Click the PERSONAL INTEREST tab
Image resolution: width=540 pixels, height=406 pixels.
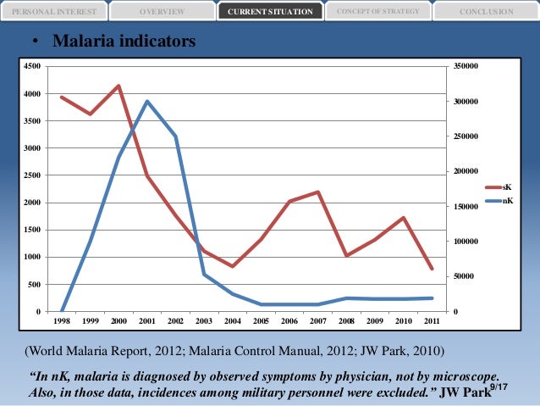(x=54, y=12)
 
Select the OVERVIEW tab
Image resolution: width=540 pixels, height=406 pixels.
(x=162, y=12)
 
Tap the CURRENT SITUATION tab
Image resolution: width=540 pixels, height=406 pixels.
(x=270, y=12)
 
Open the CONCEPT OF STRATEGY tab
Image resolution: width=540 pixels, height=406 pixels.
(x=377, y=11)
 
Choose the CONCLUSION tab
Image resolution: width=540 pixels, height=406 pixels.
(x=486, y=12)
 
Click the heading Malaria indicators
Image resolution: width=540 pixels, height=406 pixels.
(x=124, y=42)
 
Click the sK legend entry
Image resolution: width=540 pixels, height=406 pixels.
(x=506, y=186)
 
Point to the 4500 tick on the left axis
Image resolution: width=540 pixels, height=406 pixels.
(x=32, y=66)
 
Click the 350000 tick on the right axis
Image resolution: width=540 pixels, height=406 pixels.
(x=469, y=66)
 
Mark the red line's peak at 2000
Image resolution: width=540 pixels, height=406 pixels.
(x=118, y=86)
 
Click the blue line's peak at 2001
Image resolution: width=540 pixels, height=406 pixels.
(x=147, y=102)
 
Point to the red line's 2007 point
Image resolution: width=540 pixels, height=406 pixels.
(x=317, y=192)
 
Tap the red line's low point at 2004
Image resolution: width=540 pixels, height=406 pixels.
(x=233, y=266)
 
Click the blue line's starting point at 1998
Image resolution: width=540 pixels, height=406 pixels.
(x=62, y=311)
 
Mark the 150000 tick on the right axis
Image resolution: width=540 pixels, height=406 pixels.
(x=469, y=207)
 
